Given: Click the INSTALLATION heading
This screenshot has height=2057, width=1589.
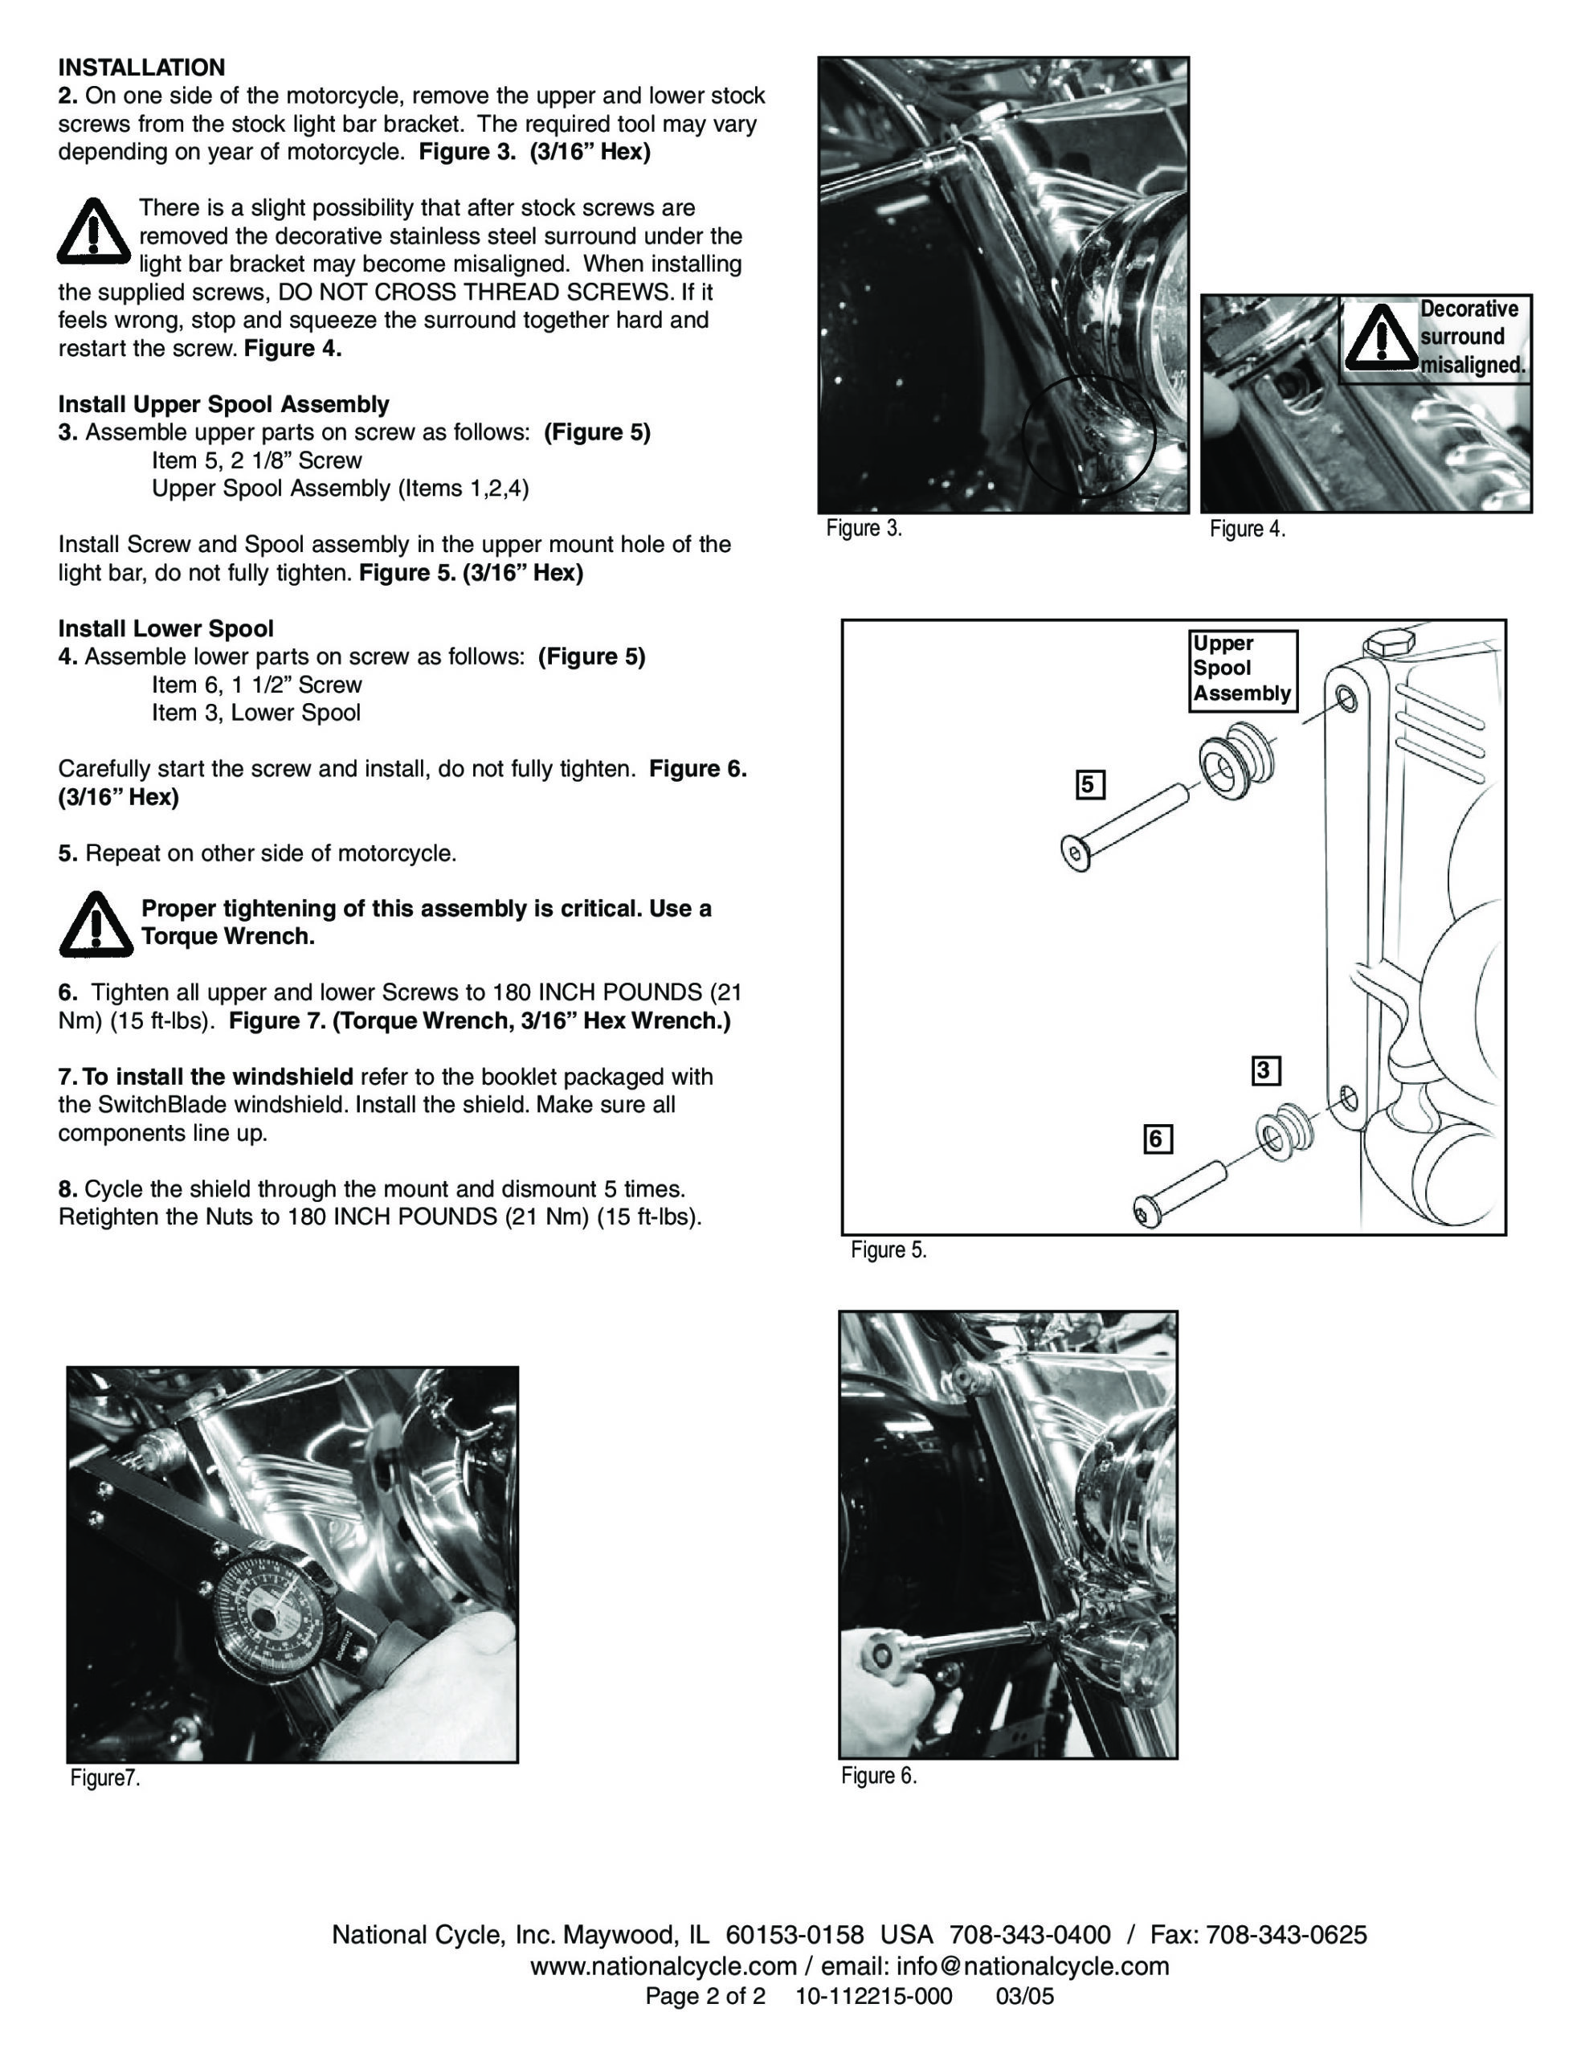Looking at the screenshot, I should [x=141, y=67].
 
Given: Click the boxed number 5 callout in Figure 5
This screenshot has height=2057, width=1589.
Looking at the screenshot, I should [x=1090, y=784].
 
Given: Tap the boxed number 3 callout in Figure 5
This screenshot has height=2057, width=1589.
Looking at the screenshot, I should [x=1266, y=1071].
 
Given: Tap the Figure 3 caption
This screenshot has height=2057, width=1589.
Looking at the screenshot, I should [x=864, y=529].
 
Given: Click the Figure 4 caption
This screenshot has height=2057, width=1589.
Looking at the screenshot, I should [x=1247, y=530].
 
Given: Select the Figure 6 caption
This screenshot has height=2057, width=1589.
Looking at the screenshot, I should [x=878, y=1776].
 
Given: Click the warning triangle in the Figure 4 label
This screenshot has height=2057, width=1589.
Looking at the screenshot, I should [x=1380, y=338].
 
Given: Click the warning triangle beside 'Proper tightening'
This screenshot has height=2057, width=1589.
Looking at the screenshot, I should [x=95, y=924].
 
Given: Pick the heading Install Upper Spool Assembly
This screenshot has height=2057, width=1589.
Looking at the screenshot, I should [x=223, y=404].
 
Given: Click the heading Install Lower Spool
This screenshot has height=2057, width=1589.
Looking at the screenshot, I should [x=165, y=628].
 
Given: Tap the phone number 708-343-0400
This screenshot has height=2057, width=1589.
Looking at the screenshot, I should [x=1030, y=1936].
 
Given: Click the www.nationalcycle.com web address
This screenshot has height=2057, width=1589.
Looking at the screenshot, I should [x=663, y=1966].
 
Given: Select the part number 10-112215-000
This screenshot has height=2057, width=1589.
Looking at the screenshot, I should [x=873, y=1997].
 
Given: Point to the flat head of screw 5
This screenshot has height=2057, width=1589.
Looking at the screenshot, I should [x=1075, y=853].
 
